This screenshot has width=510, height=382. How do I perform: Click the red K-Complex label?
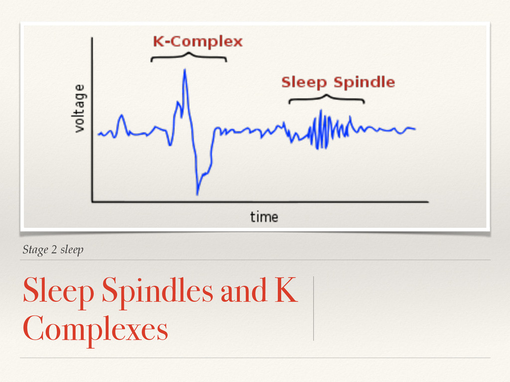tap(197, 41)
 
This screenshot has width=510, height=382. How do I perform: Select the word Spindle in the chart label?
tap(364, 82)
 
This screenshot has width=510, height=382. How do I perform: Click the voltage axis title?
tap(79, 108)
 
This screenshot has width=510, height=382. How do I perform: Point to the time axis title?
tap(263, 216)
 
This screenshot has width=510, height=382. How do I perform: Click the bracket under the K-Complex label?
tap(189, 56)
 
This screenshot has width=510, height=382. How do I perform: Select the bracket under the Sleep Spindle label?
tap(326, 98)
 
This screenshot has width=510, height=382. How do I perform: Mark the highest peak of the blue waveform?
tap(185, 70)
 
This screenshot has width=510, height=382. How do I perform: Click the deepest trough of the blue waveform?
tap(197, 193)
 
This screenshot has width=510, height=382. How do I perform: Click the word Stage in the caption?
tap(35, 250)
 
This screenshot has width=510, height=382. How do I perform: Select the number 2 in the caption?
tap(54, 250)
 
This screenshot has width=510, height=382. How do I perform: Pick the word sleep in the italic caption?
tap(72, 250)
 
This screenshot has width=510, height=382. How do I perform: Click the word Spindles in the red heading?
tap(157, 292)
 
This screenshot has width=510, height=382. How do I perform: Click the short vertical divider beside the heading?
tap(314, 308)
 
